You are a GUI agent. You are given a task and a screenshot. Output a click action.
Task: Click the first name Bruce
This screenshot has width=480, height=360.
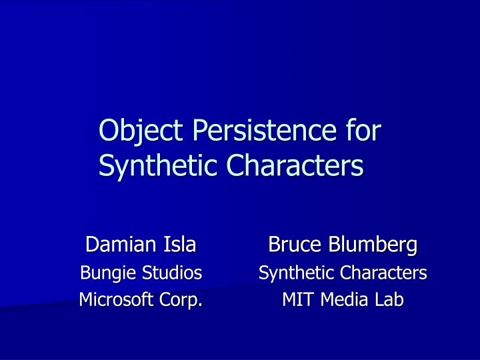[289, 245]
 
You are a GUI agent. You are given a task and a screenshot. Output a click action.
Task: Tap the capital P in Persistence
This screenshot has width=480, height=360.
[199, 129]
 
